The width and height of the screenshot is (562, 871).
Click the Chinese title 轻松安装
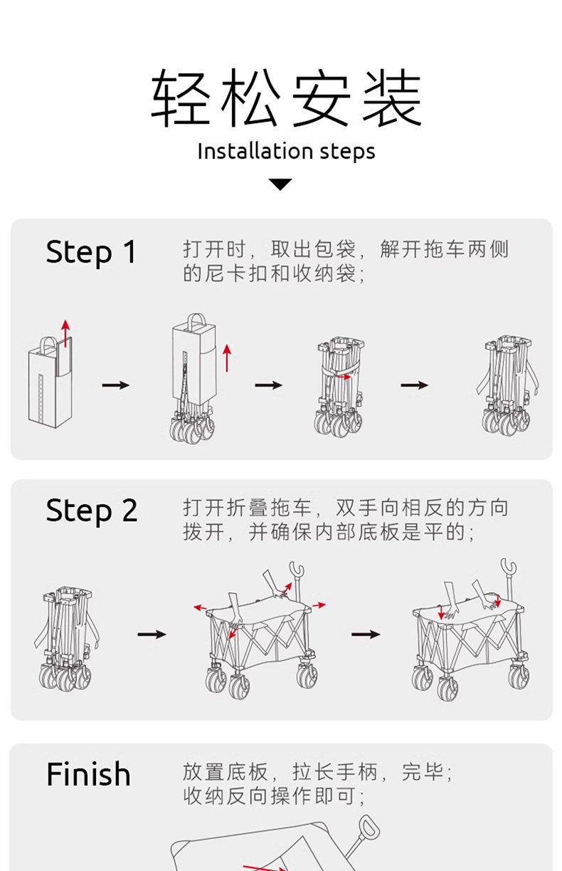(x=286, y=99)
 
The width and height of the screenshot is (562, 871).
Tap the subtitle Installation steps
(x=286, y=151)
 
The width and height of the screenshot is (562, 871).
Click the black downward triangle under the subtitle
(x=281, y=184)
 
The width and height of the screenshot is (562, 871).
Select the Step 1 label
(x=90, y=252)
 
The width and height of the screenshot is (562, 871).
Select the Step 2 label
(x=91, y=511)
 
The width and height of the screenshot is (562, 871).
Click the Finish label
(x=88, y=774)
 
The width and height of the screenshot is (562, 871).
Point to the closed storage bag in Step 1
(x=50, y=385)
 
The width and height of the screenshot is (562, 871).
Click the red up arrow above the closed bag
(x=65, y=333)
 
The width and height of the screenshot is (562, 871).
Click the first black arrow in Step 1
(x=116, y=385)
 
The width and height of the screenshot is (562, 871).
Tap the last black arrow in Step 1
(x=414, y=385)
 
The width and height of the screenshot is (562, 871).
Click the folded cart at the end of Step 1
(x=507, y=385)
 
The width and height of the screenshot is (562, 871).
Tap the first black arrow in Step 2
(x=152, y=634)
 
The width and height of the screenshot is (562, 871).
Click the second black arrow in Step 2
(x=366, y=634)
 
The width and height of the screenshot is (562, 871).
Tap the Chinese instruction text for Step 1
(x=346, y=261)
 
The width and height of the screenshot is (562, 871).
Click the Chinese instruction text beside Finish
(x=317, y=783)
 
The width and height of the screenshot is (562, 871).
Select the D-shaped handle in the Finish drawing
(x=369, y=830)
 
